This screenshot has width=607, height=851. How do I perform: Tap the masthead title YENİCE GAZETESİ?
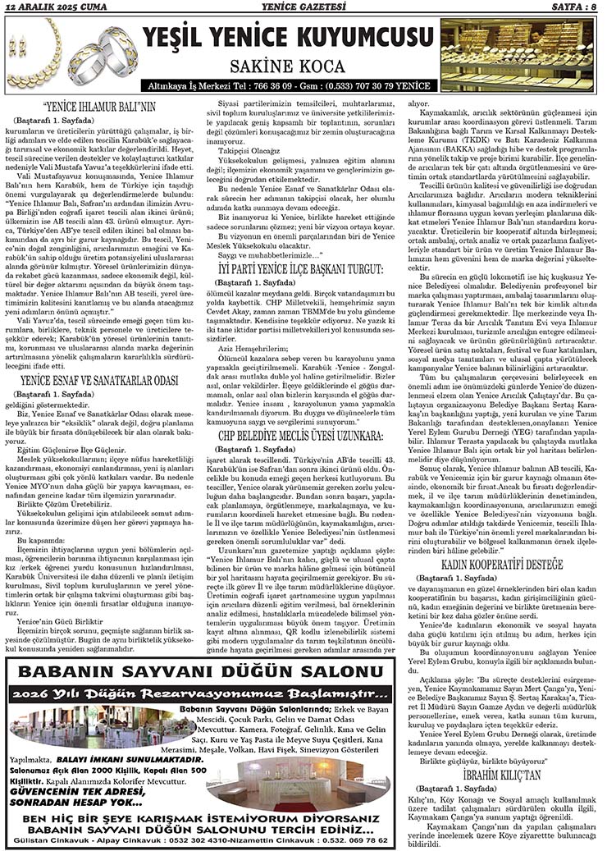click(x=301, y=7)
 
